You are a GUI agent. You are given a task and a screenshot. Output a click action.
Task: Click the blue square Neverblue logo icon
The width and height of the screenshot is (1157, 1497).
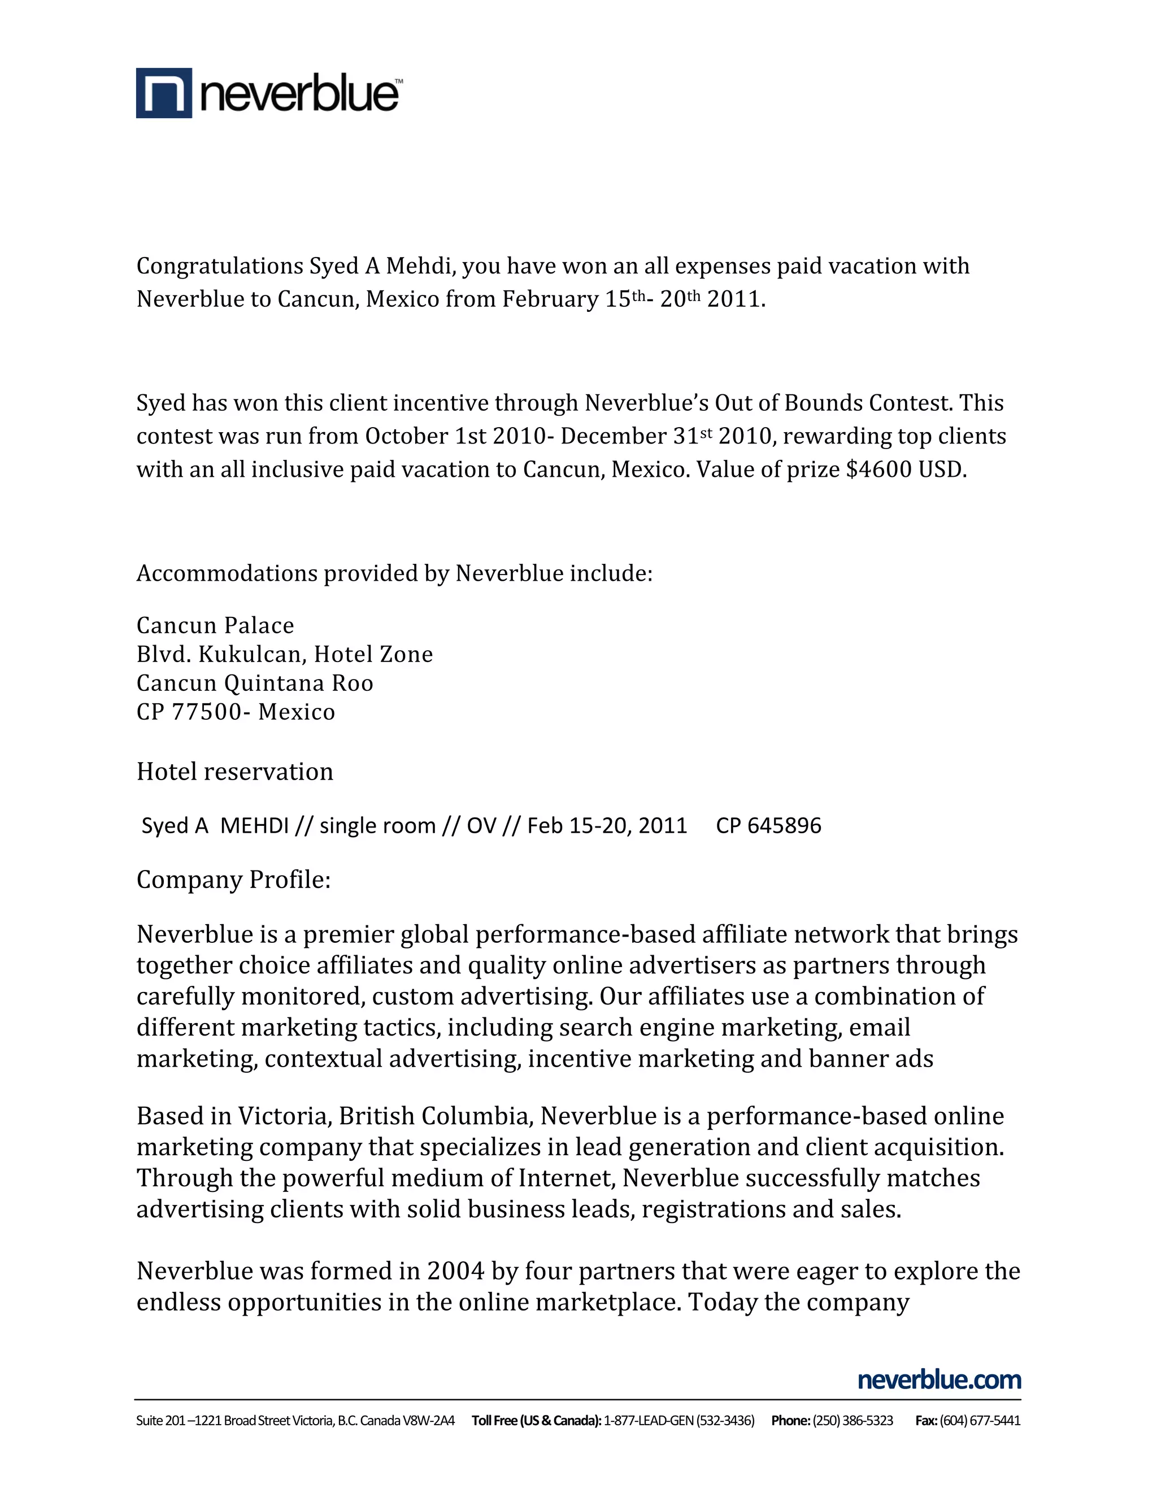pos(164,93)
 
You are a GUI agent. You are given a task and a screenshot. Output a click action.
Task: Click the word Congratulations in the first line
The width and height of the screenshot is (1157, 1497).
pos(219,266)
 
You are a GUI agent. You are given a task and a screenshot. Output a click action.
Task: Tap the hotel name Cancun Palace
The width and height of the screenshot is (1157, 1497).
pos(215,625)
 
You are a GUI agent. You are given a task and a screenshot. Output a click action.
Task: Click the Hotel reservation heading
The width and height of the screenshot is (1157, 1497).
pos(235,772)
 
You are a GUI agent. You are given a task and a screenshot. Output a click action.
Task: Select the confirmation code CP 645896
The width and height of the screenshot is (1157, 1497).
pos(768,825)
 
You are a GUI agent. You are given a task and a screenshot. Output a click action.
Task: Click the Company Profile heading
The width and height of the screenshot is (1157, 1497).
pos(234,880)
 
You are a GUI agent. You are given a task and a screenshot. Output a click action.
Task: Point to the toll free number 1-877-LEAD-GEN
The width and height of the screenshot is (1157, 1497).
pos(649,1420)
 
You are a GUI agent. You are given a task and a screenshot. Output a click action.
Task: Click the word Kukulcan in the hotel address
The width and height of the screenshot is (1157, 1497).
pos(250,655)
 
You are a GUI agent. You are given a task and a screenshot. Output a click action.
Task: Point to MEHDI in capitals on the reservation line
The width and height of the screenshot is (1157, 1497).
pos(254,825)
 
